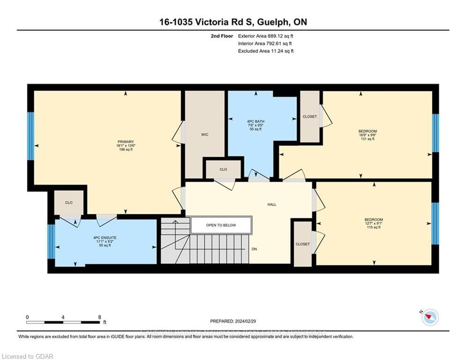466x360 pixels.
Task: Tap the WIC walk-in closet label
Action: pos(205,135)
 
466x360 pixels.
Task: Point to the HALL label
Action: pos(272,204)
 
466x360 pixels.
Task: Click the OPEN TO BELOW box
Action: pos(221,225)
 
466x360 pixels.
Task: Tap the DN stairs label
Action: pos(254,249)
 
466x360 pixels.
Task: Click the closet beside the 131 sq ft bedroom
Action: pos(310,117)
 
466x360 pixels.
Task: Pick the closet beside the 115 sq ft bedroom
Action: pos(303,244)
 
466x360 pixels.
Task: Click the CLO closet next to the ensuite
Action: pos(69,202)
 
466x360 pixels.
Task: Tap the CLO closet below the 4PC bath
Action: pos(223,169)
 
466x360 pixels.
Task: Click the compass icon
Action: pos(429,317)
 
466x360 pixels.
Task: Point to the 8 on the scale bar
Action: pos(99,317)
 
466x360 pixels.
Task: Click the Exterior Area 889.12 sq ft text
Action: pos(266,36)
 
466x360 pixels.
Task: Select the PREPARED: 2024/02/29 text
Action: pos(233,321)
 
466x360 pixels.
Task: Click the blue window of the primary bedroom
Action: pos(31,136)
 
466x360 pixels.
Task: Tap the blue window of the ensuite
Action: pos(51,242)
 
